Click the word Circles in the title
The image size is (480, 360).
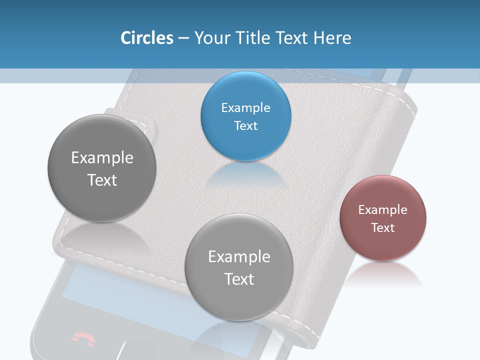click(x=147, y=38)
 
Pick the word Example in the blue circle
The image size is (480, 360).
click(x=245, y=108)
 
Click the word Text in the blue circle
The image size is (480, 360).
click(x=245, y=126)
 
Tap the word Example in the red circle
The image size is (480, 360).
click(x=382, y=210)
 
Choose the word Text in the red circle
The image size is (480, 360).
click(x=383, y=228)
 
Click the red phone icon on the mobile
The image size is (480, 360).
click(x=83, y=339)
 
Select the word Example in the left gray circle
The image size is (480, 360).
click(x=102, y=158)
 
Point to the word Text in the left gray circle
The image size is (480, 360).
click(x=102, y=180)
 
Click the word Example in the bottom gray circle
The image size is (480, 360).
click(x=239, y=257)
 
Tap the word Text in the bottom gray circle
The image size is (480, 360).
click(x=239, y=279)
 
